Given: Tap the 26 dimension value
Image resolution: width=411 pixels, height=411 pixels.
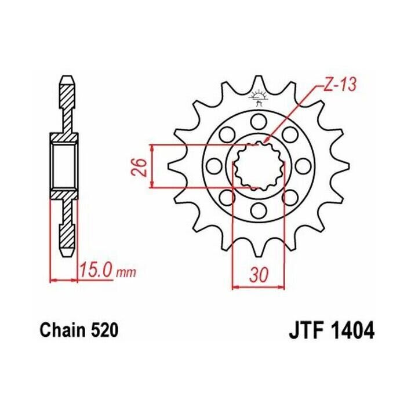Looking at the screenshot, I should pos(140,166).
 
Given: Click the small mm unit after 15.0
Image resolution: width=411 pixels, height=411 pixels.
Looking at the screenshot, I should pos(123,272).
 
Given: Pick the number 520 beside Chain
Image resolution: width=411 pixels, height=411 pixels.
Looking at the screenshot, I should pos(104,330).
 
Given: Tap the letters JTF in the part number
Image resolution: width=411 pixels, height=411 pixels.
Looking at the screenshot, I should pos(306,330).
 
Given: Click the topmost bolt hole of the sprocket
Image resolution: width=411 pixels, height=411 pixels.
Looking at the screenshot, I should pos(259,122).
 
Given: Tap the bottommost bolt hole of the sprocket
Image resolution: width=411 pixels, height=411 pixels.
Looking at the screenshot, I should pos(259,210).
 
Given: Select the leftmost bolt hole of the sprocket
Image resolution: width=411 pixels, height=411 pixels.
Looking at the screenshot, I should pos(214,166).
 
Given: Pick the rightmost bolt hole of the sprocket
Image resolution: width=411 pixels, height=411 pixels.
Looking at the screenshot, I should pos(303,166).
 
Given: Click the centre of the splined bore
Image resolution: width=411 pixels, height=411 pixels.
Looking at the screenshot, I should pos(259,166).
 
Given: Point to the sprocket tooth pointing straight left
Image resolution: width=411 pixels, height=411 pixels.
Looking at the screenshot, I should pos(172,166).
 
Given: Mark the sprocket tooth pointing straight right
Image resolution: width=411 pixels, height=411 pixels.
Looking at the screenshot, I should pos(345,166).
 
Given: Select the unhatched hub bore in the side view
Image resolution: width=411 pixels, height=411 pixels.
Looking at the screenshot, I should pos(64,166).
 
